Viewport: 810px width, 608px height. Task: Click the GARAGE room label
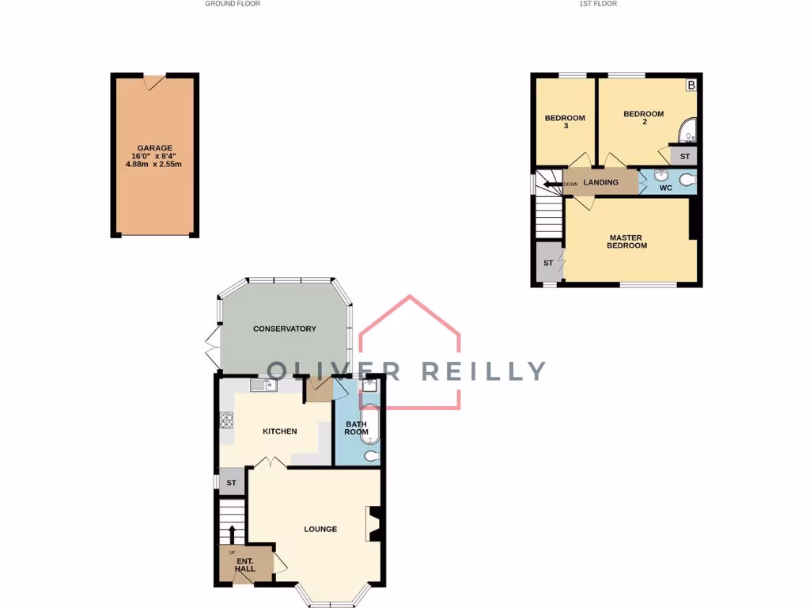click(154, 148)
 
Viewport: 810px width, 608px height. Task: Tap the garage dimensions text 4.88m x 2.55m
click(154, 165)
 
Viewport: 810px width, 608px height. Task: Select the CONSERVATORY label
click(284, 329)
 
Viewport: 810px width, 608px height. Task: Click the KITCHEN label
click(280, 431)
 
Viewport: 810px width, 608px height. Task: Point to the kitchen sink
click(261, 386)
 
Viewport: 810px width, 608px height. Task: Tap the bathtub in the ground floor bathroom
click(370, 426)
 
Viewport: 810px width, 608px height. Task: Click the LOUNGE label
click(320, 529)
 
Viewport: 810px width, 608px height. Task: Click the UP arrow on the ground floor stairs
click(233, 534)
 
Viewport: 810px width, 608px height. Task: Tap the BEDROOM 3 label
click(565, 122)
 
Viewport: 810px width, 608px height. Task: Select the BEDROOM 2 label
click(644, 118)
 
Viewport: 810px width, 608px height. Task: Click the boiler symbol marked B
click(691, 84)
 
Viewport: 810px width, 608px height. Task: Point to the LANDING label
click(600, 183)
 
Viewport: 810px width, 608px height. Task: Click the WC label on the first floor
click(666, 188)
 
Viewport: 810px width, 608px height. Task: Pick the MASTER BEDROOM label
click(626, 241)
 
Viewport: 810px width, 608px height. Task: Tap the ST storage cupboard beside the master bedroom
click(547, 263)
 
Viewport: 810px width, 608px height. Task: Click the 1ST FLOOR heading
click(598, 4)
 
